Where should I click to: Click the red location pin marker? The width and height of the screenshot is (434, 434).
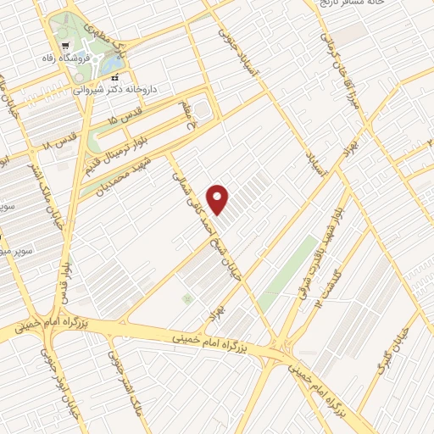point(219,199)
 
